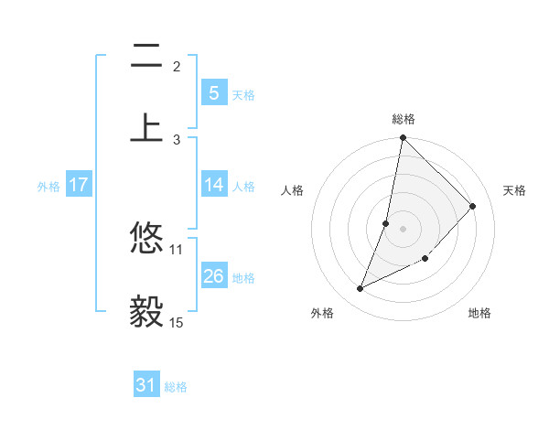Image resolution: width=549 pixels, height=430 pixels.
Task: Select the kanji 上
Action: coord(146,127)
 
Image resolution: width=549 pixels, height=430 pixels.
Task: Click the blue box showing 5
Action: coord(213,92)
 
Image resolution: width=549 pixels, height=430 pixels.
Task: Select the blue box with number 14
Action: coord(213,185)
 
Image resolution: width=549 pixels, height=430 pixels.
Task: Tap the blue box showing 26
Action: coord(213,276)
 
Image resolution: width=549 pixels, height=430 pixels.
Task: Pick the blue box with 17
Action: coord(78,185)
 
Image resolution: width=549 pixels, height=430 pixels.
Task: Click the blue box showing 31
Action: coord(146,386)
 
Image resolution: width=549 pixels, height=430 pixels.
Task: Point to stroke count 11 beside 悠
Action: coord(177,249)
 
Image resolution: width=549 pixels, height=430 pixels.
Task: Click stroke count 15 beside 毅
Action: coord(177,322)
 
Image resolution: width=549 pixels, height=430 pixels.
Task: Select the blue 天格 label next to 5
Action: coord(243,94)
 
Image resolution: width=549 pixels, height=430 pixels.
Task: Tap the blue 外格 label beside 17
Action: coord(48,186)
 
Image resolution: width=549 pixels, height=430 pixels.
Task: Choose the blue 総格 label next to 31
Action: coord(176,387)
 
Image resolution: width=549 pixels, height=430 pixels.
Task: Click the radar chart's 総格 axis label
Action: coord(404,119)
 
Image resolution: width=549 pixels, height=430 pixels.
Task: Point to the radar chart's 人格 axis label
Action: coord(292,190)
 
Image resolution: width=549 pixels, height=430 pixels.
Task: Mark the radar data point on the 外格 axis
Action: coord(361,289)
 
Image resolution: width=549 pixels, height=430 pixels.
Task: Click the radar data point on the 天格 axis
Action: coord(473,207)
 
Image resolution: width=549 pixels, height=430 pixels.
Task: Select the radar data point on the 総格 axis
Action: coord(403,138)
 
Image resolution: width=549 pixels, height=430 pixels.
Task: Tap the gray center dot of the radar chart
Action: coord(403,228)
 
